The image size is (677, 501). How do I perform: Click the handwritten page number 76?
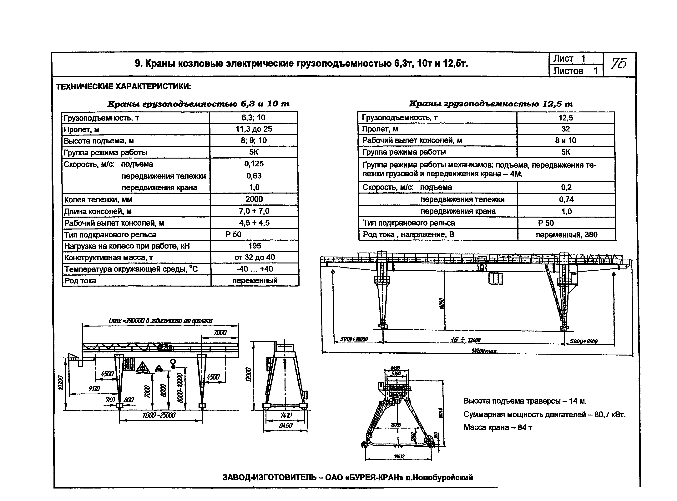[619, 64]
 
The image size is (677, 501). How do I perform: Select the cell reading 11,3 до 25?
[254, 129]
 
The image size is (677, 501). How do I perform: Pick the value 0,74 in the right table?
[566, 199]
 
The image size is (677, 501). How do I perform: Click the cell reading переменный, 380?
[567, 234]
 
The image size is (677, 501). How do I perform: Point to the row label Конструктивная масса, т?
[109, 258]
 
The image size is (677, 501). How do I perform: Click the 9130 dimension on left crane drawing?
[94, 389]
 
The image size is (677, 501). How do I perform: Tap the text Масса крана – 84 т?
[498, 427]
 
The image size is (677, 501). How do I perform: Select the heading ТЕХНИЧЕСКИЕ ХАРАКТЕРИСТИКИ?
[124, 87]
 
